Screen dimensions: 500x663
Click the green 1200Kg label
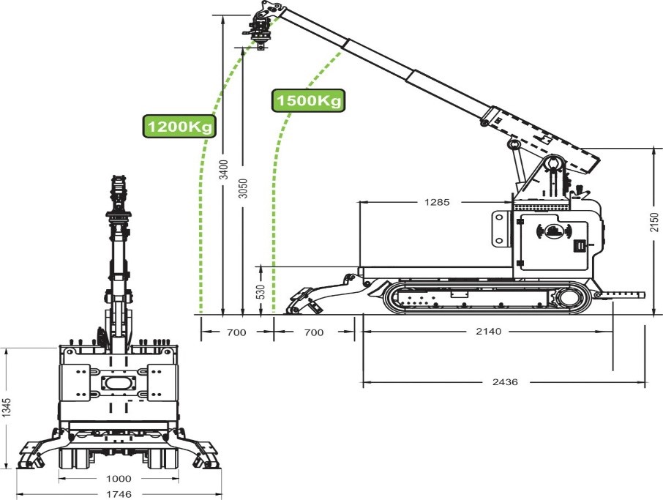pos(179,127)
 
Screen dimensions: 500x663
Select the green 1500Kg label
pos(308,100)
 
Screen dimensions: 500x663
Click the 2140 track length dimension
pos(488,332)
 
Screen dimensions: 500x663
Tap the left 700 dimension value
pos(236,332)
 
